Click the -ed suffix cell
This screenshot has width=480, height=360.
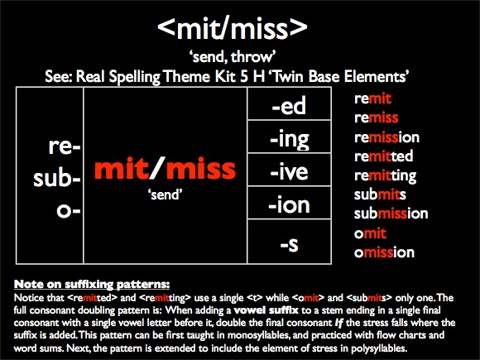click(x=289, y=103)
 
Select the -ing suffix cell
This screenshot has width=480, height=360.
click(x=289, y=137)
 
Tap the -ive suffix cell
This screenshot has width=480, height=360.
click(x=289, y=170)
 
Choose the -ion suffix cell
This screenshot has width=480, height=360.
click(x=289, y=203)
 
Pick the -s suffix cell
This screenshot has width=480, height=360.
click(x=289, y=242)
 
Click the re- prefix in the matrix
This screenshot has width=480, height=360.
click(x=65, y=146)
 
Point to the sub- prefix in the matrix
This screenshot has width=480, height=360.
click(x=57, y=178)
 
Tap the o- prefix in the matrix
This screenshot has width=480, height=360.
click(x=69, y=210)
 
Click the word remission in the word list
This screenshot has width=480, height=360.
click(x=386, y=137)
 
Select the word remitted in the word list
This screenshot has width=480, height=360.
click(x=383, y=156)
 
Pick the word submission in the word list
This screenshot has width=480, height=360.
click(x=391, y=213)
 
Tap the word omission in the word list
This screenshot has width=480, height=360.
click(x=384, y=252)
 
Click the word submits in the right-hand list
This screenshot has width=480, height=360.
click(x=380, y=194)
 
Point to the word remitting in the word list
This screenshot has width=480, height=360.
click(x=385, y=176)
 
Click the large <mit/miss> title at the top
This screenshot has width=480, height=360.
click(x=233, y=27)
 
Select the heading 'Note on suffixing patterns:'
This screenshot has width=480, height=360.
click(x=92, y=285)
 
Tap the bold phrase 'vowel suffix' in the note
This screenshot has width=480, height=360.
click(x=266, y=310)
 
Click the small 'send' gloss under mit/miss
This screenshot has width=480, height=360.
click(x=165, y=194)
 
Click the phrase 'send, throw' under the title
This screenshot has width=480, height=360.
click(x=233, y=57)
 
